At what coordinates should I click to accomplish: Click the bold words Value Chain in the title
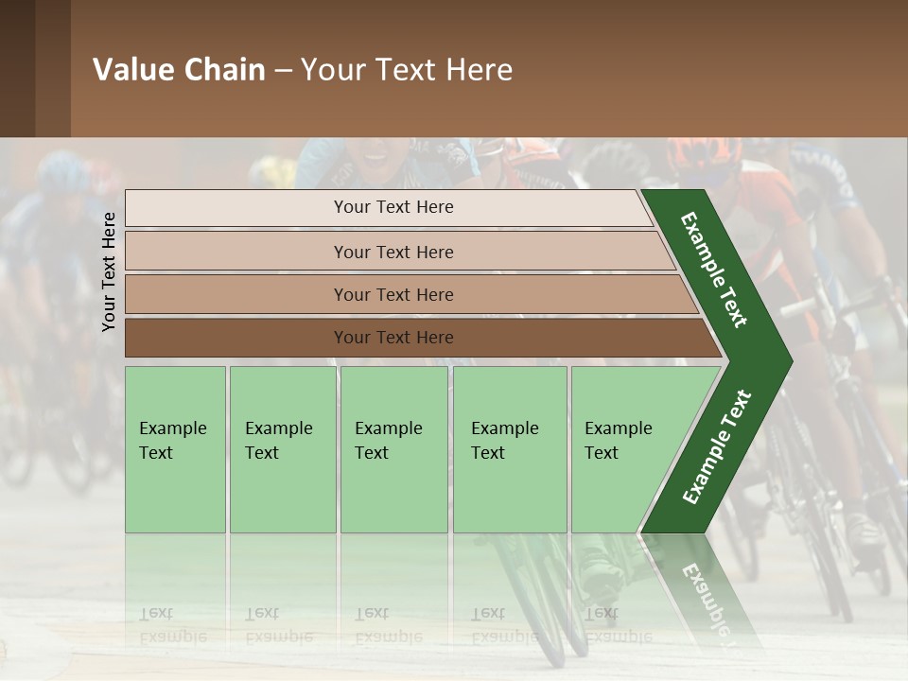point(179,70)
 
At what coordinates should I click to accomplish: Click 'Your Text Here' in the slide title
point(407,70)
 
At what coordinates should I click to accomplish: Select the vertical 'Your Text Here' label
point(109,271)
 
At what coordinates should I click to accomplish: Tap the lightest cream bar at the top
point(393,207)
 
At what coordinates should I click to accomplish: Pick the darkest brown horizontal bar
point(393,338)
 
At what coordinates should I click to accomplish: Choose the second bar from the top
point(393,252)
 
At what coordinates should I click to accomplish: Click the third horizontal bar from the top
point(393,295)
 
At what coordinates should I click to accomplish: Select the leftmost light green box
point(174,448)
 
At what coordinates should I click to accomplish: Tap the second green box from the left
point(282,448)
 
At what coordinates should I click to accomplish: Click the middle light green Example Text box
point(393,448)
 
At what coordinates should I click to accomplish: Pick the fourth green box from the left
point(509,448)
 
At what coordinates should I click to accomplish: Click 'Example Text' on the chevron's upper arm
point(715,270)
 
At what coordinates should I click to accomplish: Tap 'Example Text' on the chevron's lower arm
point(717,446)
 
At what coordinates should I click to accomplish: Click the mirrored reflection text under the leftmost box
point(173,624)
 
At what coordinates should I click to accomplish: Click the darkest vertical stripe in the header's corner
point(17,68)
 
